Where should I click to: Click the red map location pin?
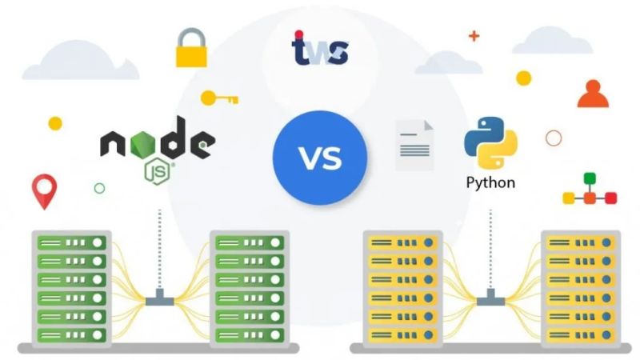44,191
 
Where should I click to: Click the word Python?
490,182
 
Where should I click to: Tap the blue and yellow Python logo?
490,142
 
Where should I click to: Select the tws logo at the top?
319,50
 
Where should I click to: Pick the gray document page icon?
414,145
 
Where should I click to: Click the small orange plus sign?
474,36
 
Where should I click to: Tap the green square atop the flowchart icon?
590,178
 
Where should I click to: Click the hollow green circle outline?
99,188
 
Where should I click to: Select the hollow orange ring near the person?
553,138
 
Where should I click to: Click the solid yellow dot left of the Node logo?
55,123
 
